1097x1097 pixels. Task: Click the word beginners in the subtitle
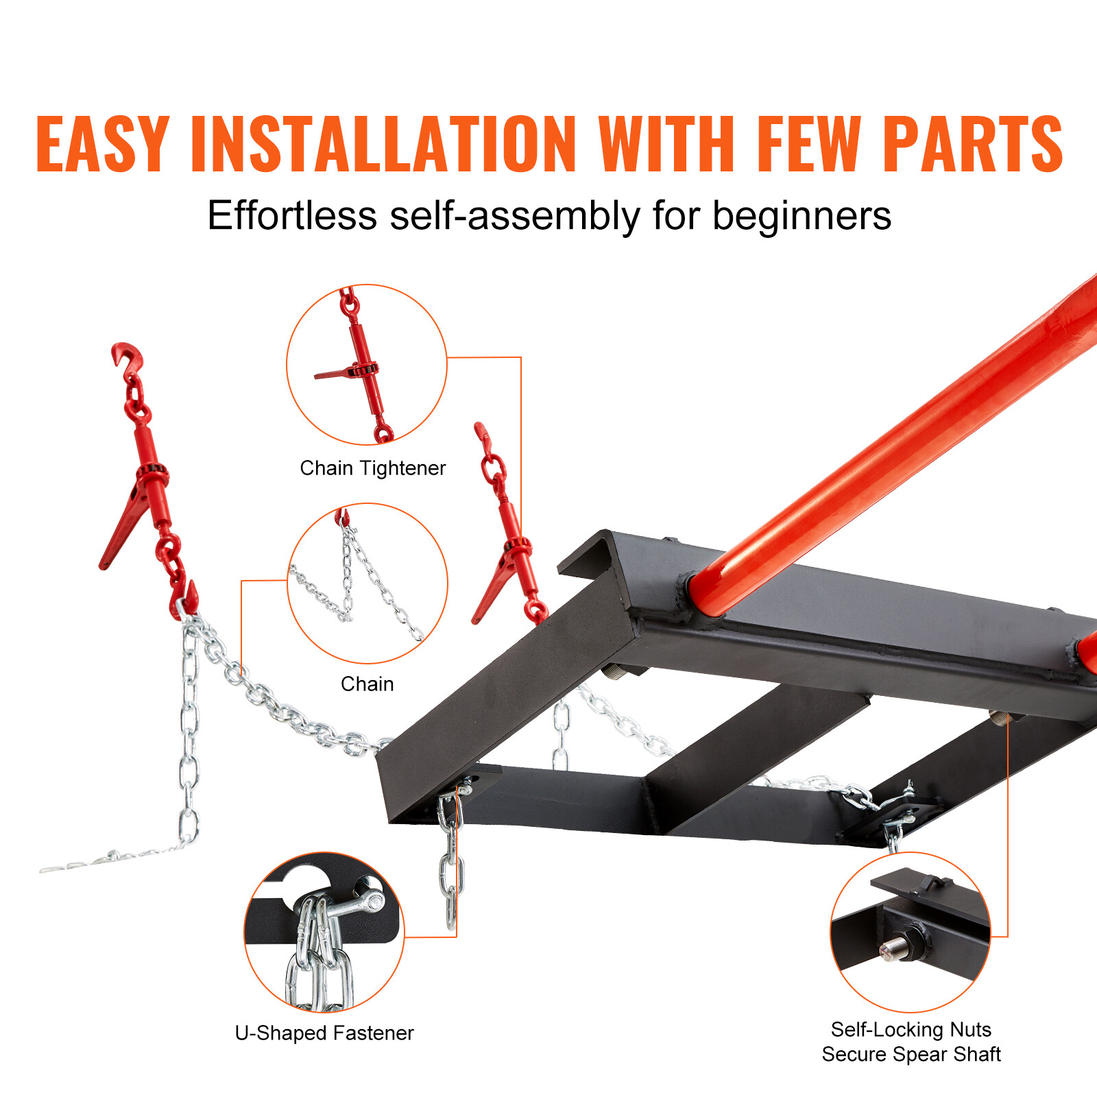(x=801, y=217)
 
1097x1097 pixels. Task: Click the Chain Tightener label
(x=372, y=468)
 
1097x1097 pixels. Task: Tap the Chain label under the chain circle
(x=367, y=684)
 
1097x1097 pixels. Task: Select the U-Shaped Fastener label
(x=324, y=1033)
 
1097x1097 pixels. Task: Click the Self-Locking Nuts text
(x=911, y=1030)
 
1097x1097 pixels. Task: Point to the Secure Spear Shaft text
(x=911, y=1054)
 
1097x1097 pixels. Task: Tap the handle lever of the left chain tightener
(x=123, y=528)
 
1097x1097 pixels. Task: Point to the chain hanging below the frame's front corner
(x=450, y=864)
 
